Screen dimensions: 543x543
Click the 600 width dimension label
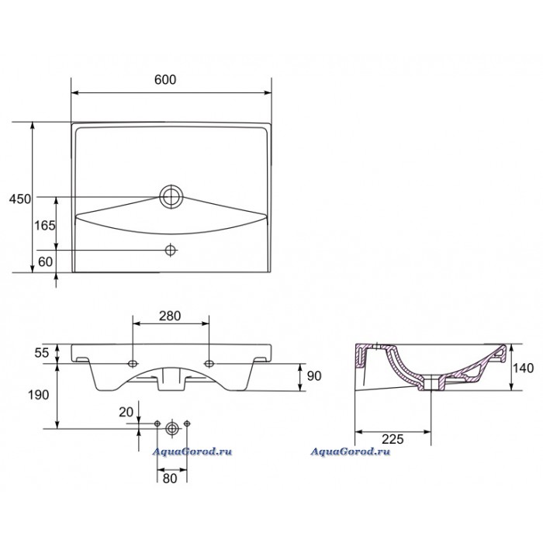tap(165, 80)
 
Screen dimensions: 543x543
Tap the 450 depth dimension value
tap(19, 199)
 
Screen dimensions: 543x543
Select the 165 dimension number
tap(45, 226)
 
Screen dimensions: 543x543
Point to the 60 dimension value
tap(45, 262)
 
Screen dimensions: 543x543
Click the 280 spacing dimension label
tap(170, 316)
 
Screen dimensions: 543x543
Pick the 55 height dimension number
tap(42, 353)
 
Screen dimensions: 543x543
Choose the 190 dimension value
tap(39, 395)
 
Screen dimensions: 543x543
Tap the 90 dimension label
tap(314, 375)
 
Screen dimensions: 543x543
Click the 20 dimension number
tap(126, 412)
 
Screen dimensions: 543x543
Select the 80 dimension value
tap(170, 479)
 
